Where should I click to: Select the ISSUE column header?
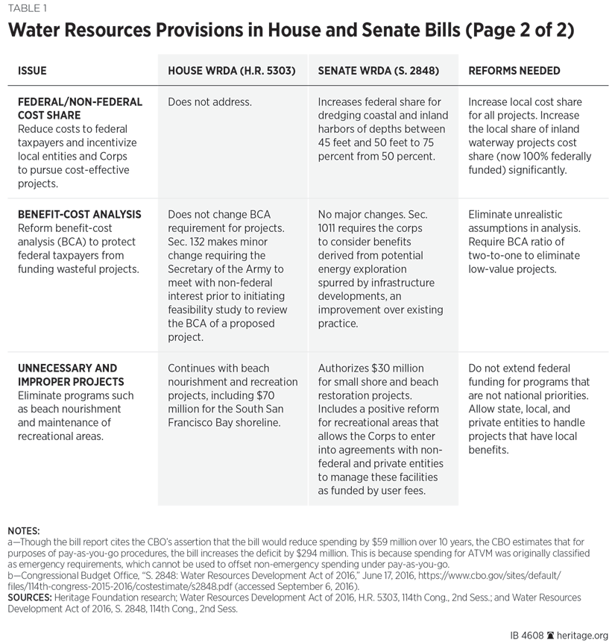pyautogui.click(x=32, y=71)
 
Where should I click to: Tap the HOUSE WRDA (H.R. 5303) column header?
pyautogui.click(x=232, y=71)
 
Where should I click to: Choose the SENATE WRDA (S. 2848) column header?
pyautogui.click(x=378, y=71)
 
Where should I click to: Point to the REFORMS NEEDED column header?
pyautogui.click(x=514, y=71)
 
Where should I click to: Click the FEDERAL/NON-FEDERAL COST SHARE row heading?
pyautogui.click(x=80, y=109)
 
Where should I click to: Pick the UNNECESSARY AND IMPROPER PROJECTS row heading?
pyautogui.click(x=68, y=374)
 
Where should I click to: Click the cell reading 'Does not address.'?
pyautogui.click(x=210, y=102)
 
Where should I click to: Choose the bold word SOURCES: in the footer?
pyautogui.click(x=31, y=597)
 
